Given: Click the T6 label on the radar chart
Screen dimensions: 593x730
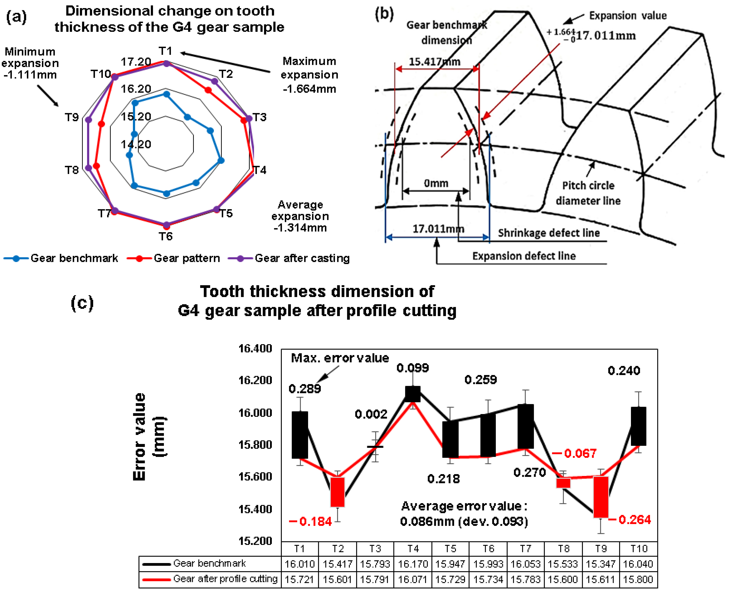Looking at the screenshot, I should (166, 236).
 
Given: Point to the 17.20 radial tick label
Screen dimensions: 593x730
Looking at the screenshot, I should (136, 62).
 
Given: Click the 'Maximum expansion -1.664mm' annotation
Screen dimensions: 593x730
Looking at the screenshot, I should (309, 75).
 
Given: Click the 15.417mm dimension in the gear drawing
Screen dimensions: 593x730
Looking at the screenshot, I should (434, 62).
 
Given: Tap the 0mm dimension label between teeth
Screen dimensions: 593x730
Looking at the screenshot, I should (436, 183).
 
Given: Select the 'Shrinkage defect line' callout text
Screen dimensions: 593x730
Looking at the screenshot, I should (549, 233).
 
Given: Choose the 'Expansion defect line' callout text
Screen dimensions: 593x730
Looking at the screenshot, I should (524, 256).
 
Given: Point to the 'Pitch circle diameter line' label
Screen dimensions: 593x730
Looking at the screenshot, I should (588, 193).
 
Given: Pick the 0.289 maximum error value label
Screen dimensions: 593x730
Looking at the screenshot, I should (305, 389).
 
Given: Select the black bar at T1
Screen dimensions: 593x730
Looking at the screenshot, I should (300, 435).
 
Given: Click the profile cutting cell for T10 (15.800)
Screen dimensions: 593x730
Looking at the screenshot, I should (638, 579).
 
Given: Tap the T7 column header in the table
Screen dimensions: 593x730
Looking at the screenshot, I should (526, 549).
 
